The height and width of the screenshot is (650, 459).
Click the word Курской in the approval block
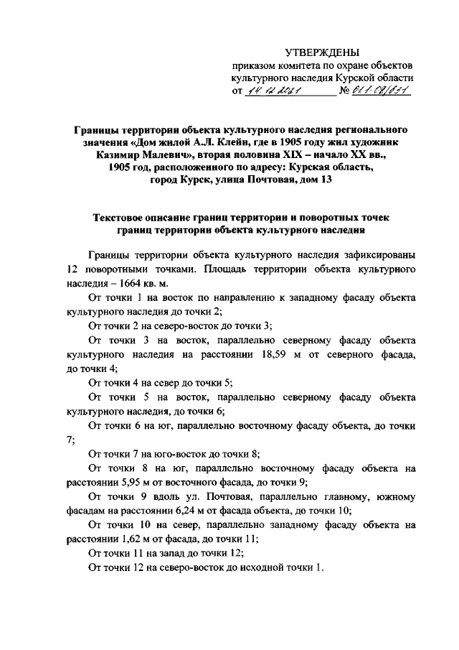pyautogui.click(x=356, y=78)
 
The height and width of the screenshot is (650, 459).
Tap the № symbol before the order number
pyautogui.click(x=345, y=92)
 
